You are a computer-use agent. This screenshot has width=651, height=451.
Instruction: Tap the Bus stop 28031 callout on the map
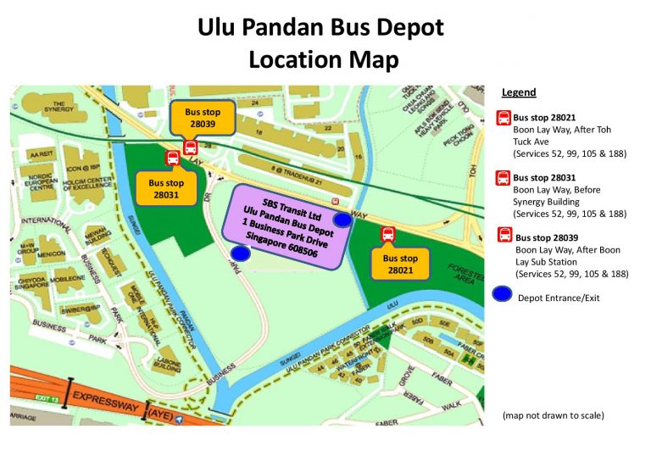(166, 188)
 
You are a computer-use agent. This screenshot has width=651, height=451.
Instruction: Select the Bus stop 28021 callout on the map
(400, 264)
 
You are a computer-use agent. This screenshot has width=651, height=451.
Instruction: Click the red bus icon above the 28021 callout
(388, 234)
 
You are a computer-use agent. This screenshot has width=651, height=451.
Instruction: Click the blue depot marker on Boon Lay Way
(342, 220)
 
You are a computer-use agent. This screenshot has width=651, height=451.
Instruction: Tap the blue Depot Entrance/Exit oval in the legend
(504, 296)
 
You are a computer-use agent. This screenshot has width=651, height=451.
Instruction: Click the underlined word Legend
(519, 92)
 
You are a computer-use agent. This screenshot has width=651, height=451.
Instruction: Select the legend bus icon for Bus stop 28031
(504, 178)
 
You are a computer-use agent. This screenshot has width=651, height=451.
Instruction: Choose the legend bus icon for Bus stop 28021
(504, 119)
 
